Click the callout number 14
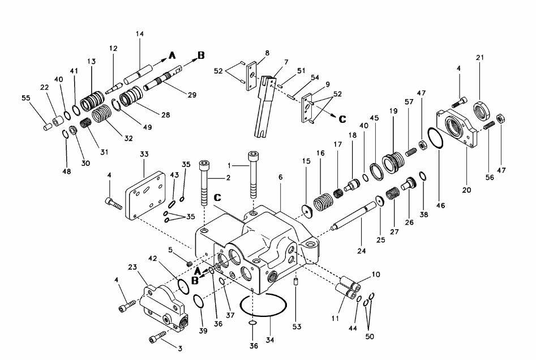pos(139,34)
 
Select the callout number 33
pos(144,154)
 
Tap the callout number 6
pos(281,177)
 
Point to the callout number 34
pos(270,340)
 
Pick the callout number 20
pos(466,190)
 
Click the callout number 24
pos(362,251)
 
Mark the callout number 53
pos(297,327)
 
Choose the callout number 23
pos(132,267)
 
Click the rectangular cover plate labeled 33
pos(145,195)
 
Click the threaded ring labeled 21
pos(482,110)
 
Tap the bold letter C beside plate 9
pos(342,119)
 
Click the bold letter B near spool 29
pos(201,55)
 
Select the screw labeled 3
pos(157,336)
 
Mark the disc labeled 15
pos(308,212)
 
